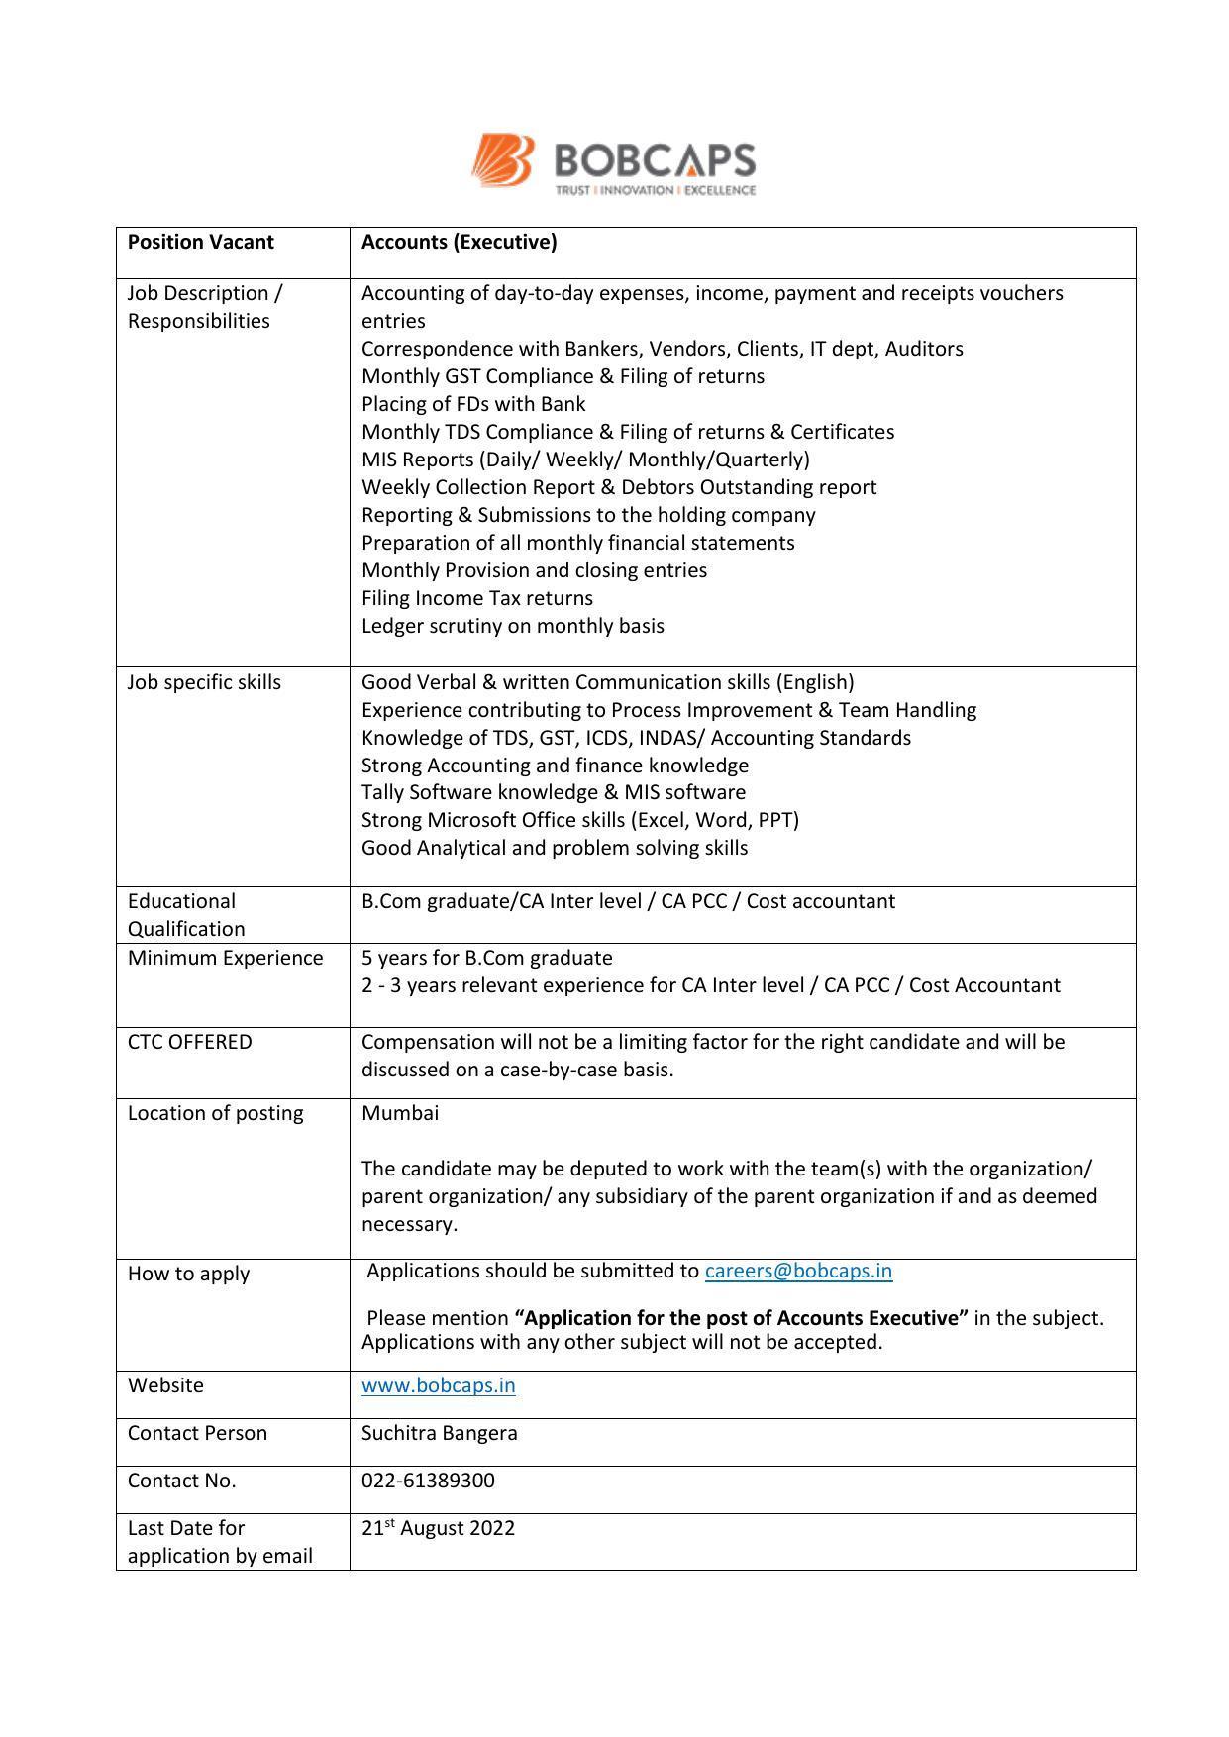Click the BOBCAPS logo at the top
point(613,164)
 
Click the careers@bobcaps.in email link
point(798,1271)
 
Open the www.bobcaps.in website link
point(438,1385)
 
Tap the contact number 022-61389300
point(428,1481)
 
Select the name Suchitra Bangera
point(439,1433)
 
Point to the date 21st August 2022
point(438,1528)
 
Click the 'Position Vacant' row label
point(200,243)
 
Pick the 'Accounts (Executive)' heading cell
point(459,243)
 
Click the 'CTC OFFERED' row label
point(189,1042)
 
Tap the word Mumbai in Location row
point(399,1113)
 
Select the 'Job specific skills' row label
point(204,682)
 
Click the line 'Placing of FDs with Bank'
point(472,404)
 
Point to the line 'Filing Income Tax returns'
point(476,598)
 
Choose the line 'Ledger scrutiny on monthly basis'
point(512,626)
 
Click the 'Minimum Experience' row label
point(225,958)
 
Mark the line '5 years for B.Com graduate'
point(486,958)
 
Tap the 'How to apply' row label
point(188,1274)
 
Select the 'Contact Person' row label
point(197,1433)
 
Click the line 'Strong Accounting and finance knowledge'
point(555,766)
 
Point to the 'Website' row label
point(165,1385)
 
